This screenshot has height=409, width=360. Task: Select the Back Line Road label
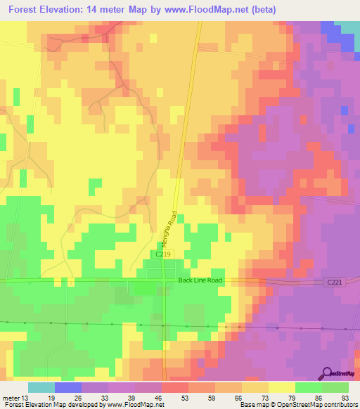200,280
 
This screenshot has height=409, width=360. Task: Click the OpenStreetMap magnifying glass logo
326,372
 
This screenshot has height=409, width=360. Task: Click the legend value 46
159,397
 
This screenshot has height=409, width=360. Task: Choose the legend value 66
239,397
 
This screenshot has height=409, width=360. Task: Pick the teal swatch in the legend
41,387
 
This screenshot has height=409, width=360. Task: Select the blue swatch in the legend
68,387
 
